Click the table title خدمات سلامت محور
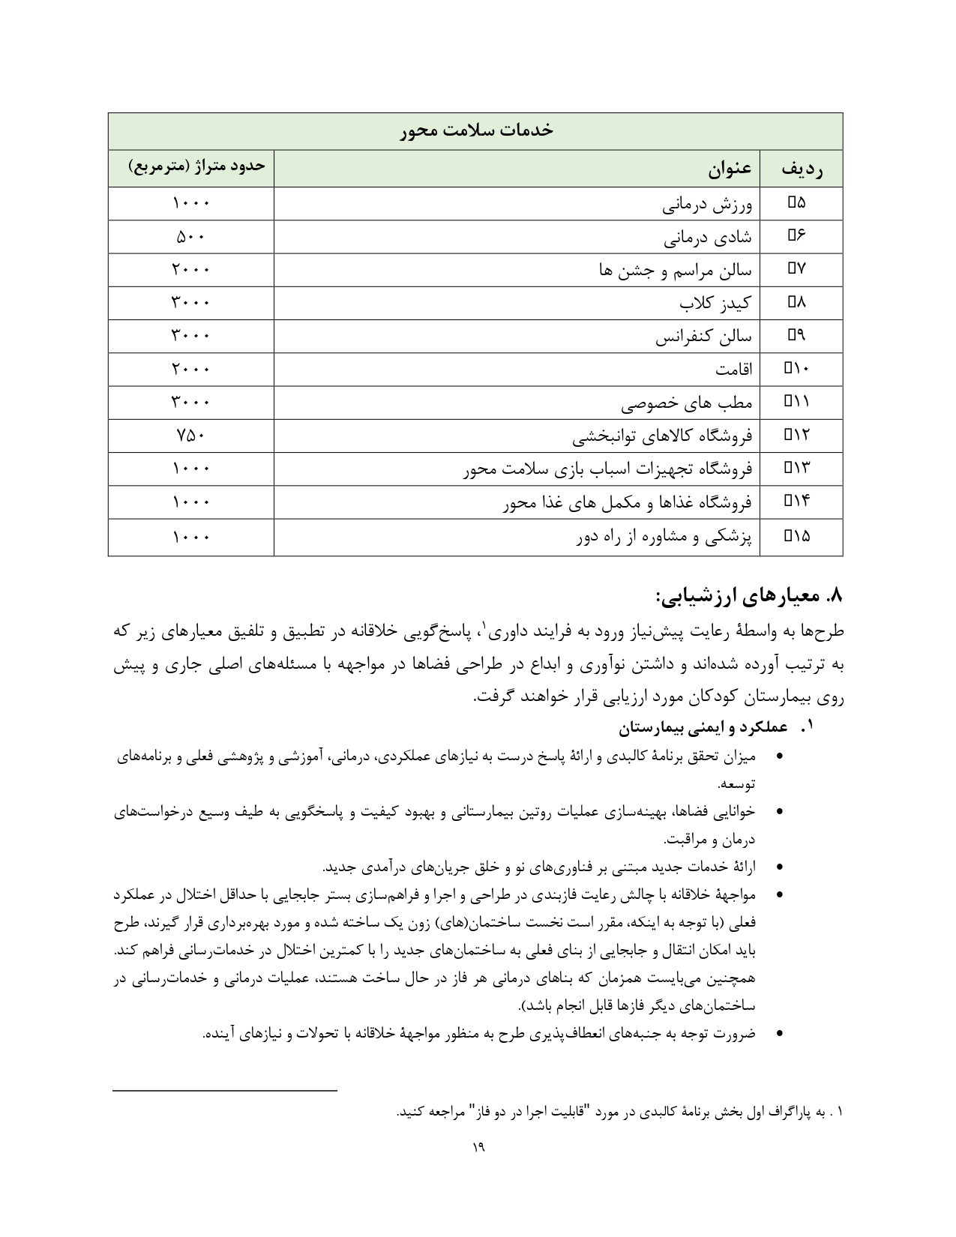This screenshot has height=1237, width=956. pyautogui.click(x=475, y=130)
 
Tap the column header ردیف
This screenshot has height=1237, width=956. pyautogui.click(x=801, y=169)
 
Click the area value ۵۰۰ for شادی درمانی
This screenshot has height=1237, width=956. pyautogui.click(x=190, y=237)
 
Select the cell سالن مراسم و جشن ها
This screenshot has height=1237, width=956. pyautogui.click(x=676, y=270)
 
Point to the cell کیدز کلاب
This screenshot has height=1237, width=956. pyautogui.click(x=715, y=303)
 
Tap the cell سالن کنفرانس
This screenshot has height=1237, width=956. pyautogui.click(x=703, y=337)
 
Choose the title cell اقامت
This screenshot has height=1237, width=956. pyautogui.click(x=734, y=370)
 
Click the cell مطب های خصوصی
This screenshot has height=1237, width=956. pyautogui.click(x=686, y=403)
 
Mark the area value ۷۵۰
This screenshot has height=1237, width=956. pyautogui.click(x=190, y=436)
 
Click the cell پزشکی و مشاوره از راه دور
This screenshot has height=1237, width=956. pyautogui.click(x=664, y=537)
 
